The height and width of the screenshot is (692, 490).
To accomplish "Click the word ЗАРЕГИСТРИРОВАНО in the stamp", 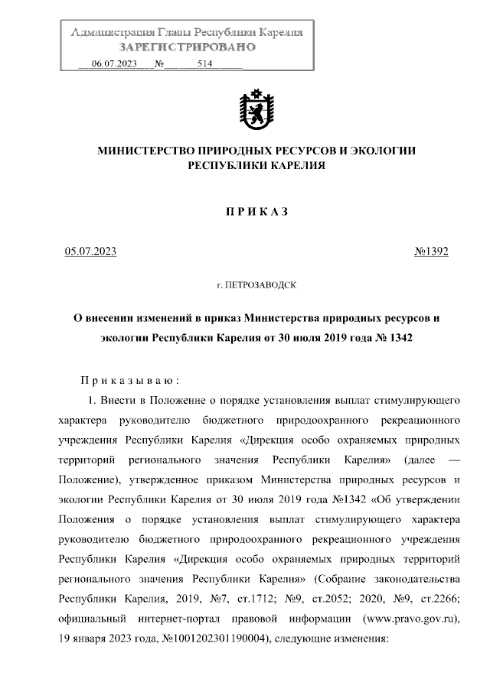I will tap(187, 47).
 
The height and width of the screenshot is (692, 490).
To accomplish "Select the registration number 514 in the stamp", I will tap(204, 64).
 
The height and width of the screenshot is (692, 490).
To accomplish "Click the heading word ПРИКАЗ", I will tap(256, 212).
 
